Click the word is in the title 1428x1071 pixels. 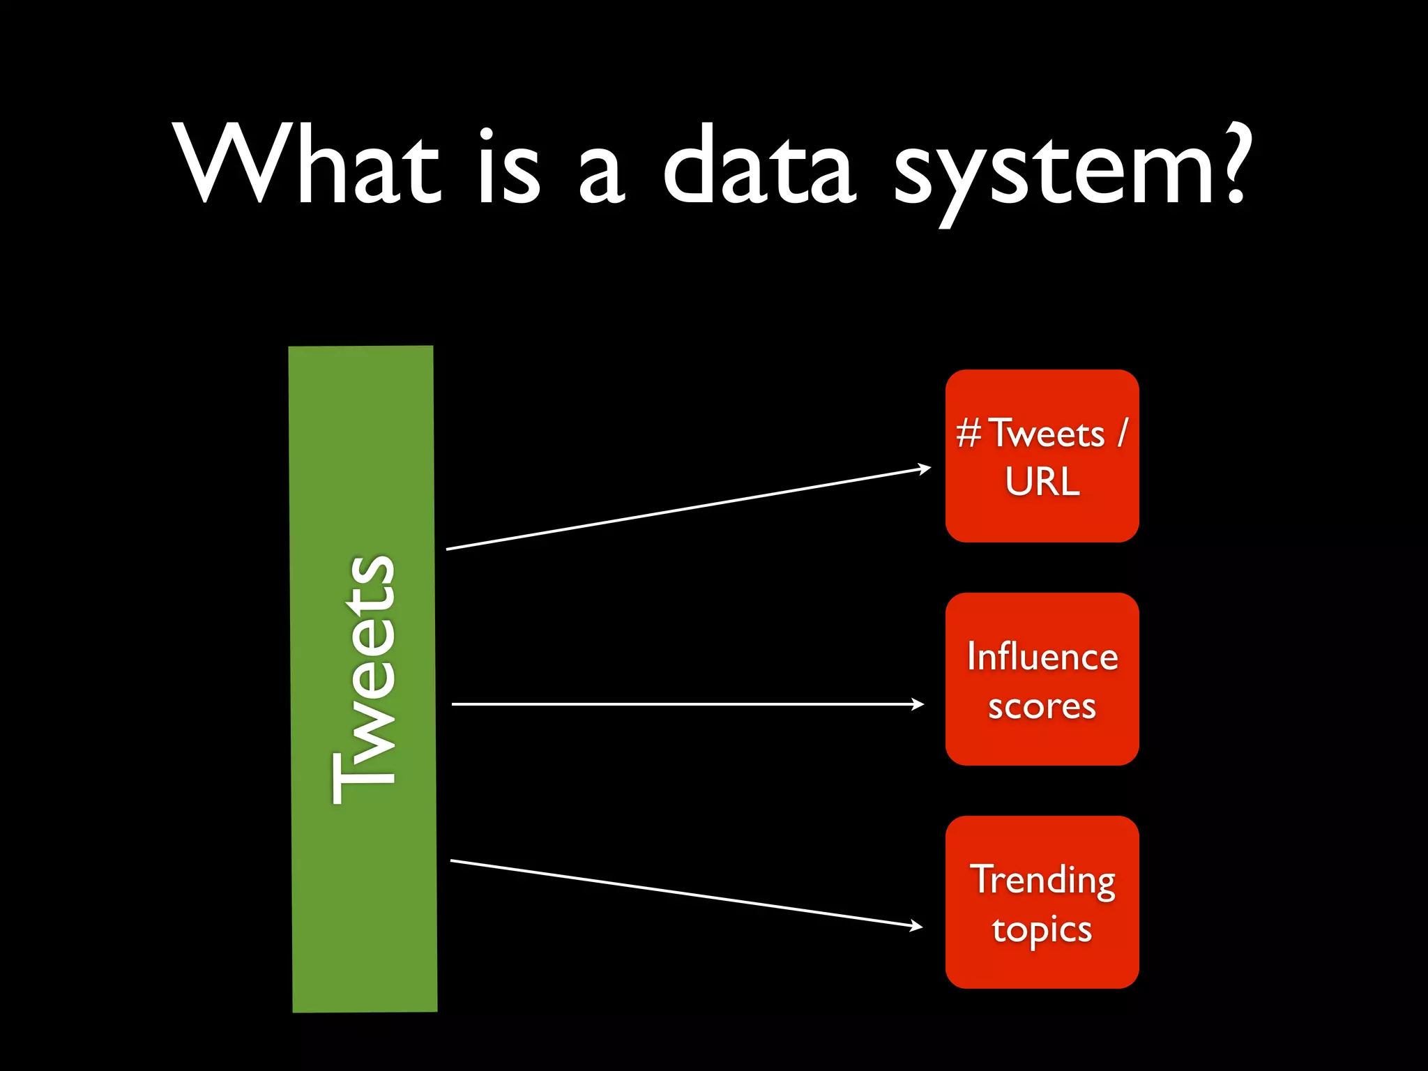click(509, 167)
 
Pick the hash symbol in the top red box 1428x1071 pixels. click(969, 433)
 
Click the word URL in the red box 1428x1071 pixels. click(1042, 481)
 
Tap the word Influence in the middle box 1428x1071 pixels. click(1042, 657)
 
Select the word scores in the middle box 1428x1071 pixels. click(1042, 707)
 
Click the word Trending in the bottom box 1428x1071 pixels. click(1042, 880)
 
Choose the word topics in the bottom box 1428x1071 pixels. click(1042, 930)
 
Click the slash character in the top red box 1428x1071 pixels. click(1122, 433)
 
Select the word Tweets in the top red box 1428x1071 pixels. click(1047, 434)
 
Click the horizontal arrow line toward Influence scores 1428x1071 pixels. click(683, 704)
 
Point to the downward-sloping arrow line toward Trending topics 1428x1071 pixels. click(683, 893)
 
